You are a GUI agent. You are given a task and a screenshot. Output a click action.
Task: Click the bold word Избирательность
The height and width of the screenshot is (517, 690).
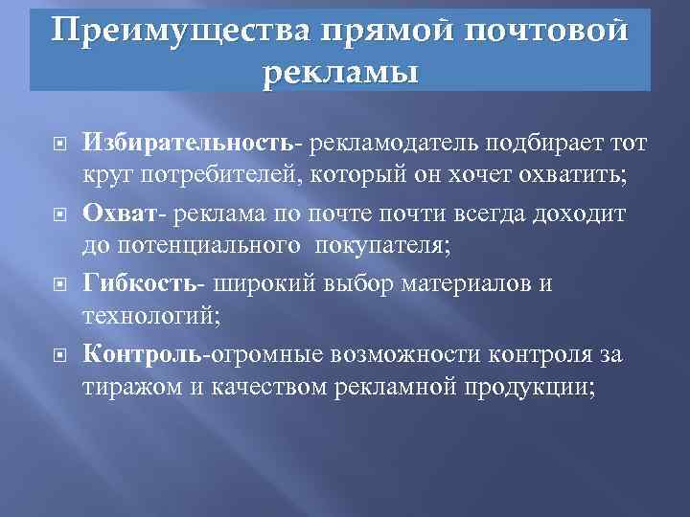click(x=186, y=143)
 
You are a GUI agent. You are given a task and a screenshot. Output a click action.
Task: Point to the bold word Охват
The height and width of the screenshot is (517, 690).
click(x=119, y=213)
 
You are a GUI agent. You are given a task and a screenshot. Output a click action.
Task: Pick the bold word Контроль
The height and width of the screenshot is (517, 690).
click(x=142, y=355)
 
